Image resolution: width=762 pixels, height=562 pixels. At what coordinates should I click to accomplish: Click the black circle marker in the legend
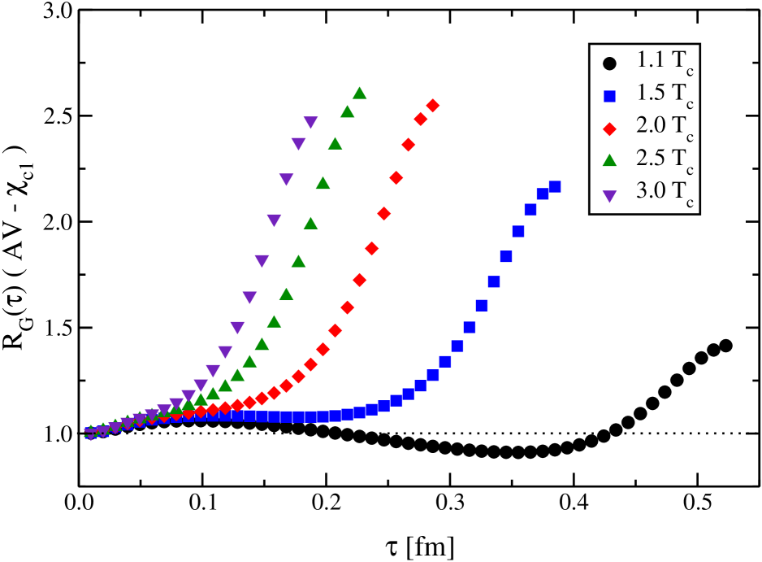tap(609, 63)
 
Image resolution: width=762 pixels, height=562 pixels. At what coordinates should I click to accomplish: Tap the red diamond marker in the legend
tap(609, 128)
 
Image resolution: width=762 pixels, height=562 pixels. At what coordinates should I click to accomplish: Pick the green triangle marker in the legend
tap(609, 160)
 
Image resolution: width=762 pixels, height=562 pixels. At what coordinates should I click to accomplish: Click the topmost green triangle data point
tap(359, 93)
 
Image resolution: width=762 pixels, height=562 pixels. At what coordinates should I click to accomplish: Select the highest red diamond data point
tap(432, 105)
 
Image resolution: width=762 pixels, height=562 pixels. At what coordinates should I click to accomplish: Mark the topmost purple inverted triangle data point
tap(310, 122)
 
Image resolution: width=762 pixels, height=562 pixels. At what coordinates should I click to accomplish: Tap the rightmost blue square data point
tap(555, 186)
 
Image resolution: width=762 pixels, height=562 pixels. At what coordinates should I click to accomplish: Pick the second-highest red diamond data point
tap(420, 120)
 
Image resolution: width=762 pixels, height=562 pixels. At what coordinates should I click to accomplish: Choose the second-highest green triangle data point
tap(347, 111)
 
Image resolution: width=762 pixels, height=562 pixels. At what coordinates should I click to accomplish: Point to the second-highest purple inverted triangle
tap(298, 143)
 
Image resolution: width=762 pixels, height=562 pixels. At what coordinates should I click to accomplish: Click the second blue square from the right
tap(543, 194)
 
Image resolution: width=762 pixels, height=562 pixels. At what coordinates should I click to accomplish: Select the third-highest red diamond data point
tap(408, 145)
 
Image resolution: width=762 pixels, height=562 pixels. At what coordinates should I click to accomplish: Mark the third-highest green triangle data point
tap(335, 144)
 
